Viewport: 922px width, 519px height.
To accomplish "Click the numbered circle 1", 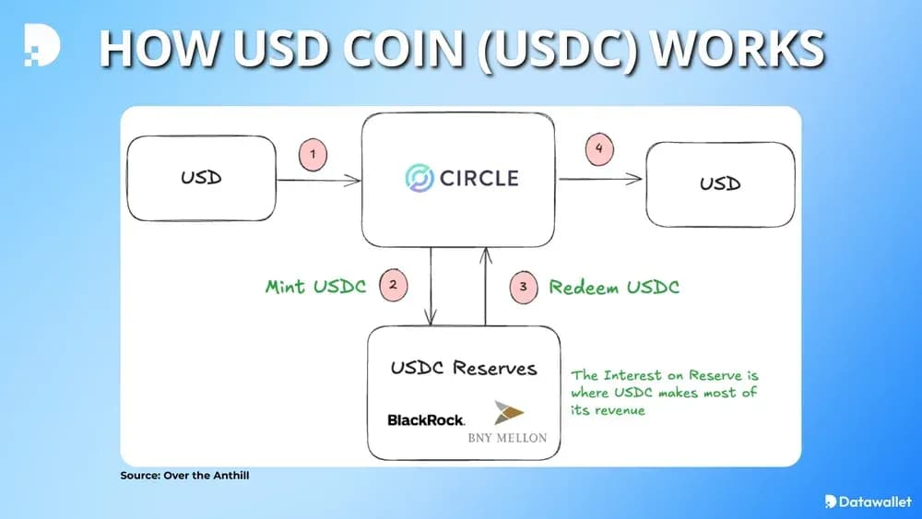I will (313, 155).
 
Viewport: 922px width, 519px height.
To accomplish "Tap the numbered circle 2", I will (394, 285).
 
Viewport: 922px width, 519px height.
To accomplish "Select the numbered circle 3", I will (523, 287).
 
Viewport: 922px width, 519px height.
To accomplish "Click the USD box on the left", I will (202, 177).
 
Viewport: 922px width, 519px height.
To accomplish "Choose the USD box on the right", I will (720, 184).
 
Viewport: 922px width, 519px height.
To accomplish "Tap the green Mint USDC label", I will (316, 286).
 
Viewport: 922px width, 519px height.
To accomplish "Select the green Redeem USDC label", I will (614, 287).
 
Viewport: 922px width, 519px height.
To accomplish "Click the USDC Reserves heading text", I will (464, 368).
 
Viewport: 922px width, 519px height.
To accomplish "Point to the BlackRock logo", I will (426, 420).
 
